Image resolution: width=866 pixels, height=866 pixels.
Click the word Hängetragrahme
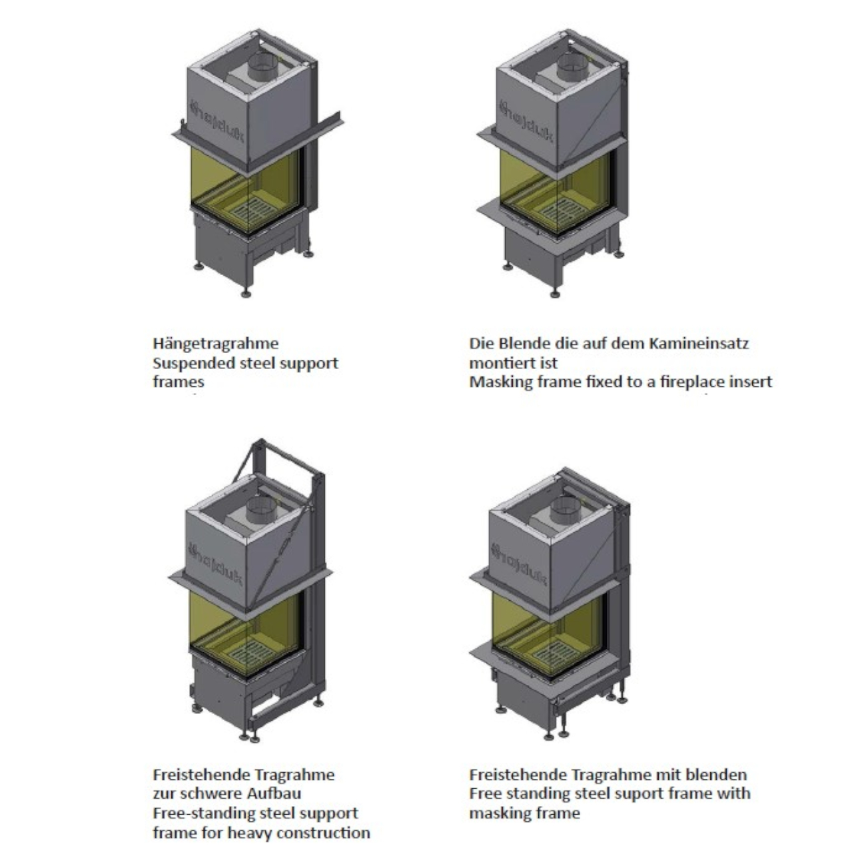[x=216, y=344]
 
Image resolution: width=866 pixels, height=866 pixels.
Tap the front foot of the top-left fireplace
[x=246, y=294]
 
